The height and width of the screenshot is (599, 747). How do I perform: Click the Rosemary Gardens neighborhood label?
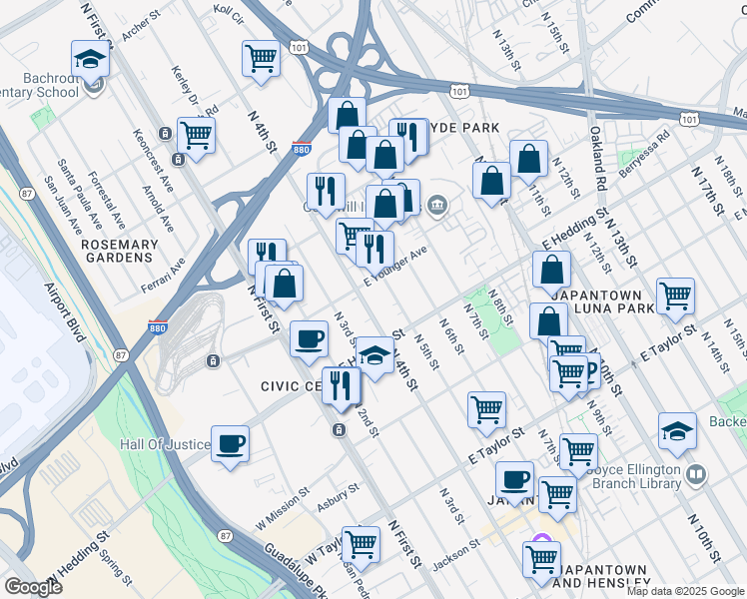[x=120, y=251]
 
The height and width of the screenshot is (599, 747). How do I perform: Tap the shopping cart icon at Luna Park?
[x=676, y=297]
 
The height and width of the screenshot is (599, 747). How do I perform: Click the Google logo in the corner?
[x=33, y=587]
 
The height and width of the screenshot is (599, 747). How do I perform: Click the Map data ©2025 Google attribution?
[x=684, y=591]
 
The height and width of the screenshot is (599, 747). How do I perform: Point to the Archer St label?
[x=141, y=29]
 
